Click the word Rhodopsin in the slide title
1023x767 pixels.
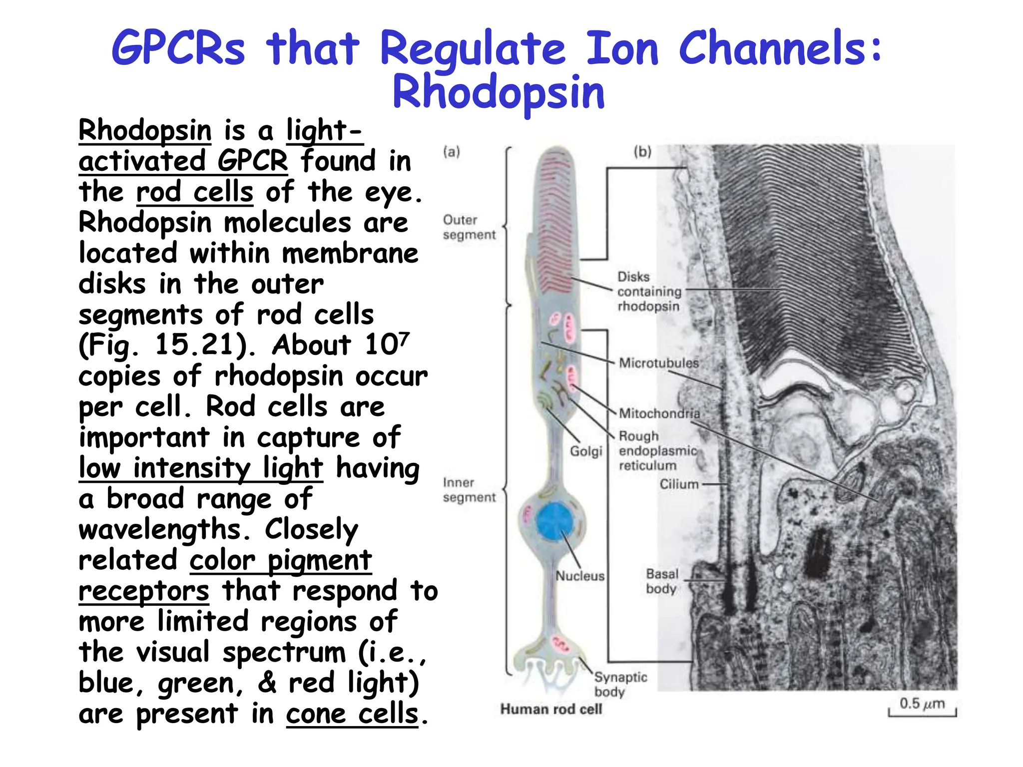point(499,93)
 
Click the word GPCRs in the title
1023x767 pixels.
point(178,48)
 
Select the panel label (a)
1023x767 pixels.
point(451,152)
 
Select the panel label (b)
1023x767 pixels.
point(642,151)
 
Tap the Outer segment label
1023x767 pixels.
point(469,227)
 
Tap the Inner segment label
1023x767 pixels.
point(469,490)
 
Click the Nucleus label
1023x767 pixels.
point(580,576)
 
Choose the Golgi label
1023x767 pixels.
point(586,451)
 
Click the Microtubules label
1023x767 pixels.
point(658,363)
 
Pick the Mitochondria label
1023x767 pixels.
point(659,413)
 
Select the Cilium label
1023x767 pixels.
point(679,484)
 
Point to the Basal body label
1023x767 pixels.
point(662,581)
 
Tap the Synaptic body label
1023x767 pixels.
point(620,685)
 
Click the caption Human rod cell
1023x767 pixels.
point(551,709)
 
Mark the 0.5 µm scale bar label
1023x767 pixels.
point(922,704)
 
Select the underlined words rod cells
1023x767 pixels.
point(195,192)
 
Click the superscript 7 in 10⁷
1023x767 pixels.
point(404,338)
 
